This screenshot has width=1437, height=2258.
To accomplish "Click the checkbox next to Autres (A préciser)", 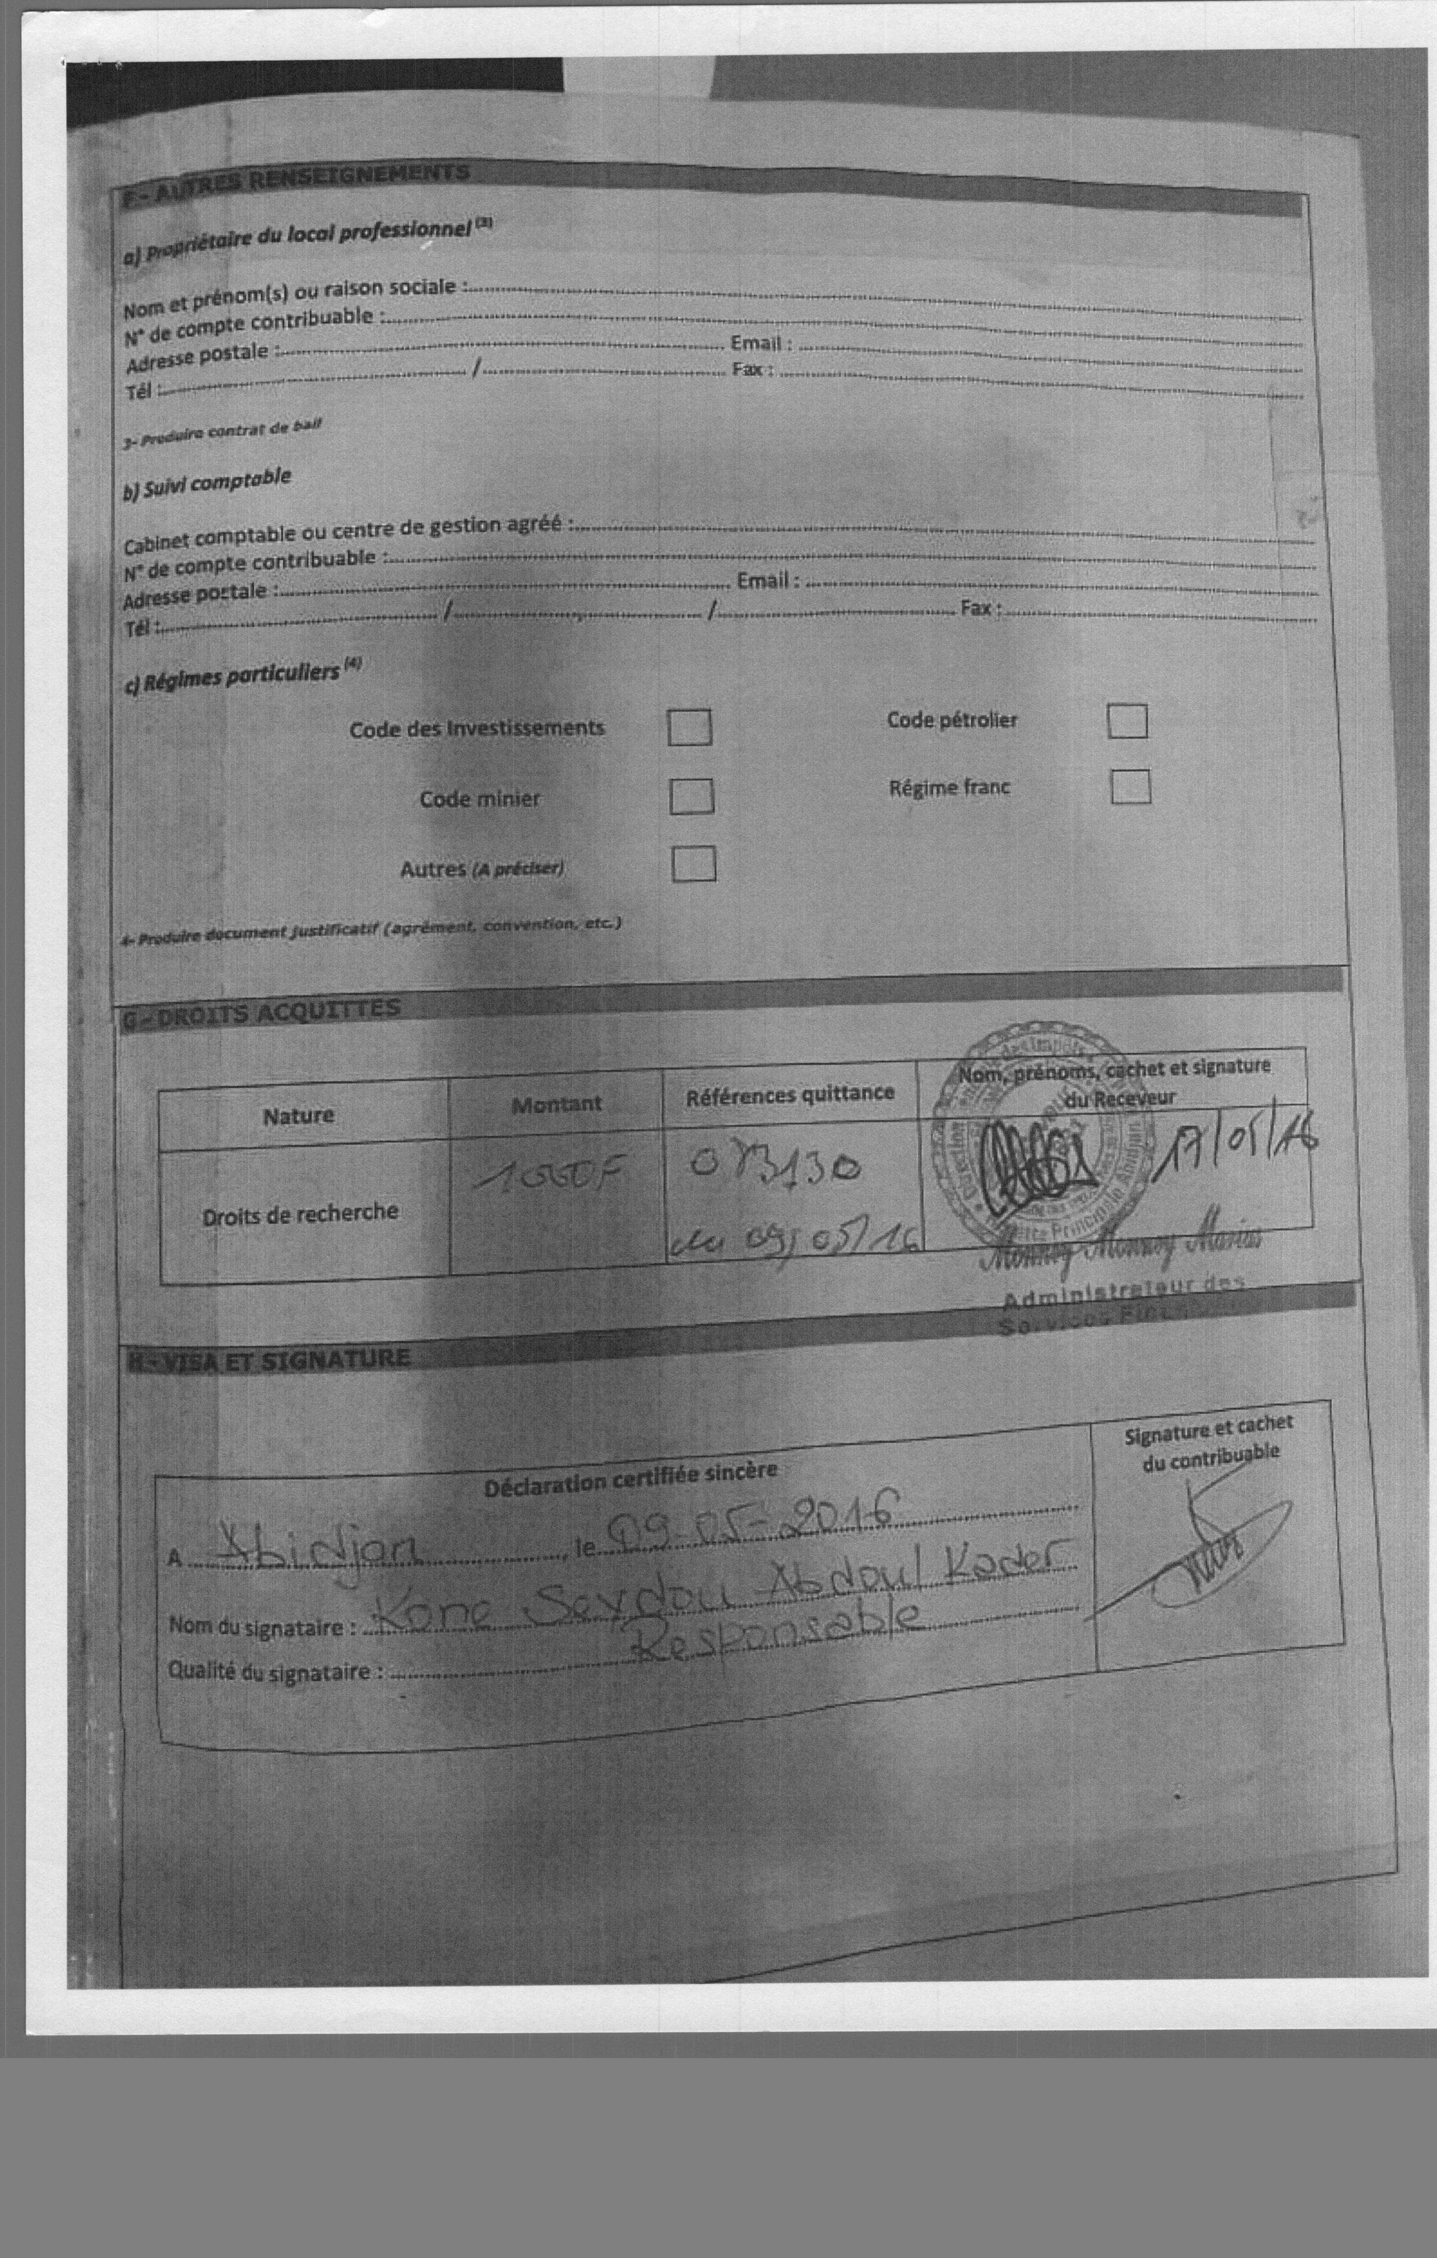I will click(x=694, y=864).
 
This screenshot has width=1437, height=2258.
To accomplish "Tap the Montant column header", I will click(x=556, y=1104).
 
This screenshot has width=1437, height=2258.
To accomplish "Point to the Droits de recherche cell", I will click(x=300, y=1213).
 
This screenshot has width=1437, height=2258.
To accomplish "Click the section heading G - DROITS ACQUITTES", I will click(x=262, y=1013).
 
